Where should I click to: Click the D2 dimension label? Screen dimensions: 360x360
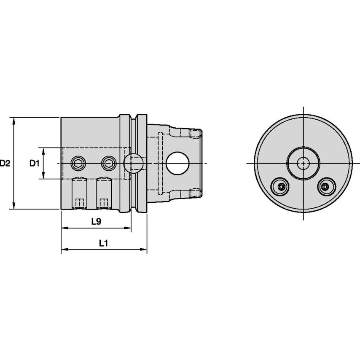click(5, 163)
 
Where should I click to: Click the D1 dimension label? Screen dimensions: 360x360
click(35, 163)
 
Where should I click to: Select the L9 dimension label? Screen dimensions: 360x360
click(96, 221)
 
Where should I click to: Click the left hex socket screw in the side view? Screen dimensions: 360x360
click(78, 163)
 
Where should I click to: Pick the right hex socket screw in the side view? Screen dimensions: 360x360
click(109, 163)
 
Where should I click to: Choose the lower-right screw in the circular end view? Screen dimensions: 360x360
click(327, 186)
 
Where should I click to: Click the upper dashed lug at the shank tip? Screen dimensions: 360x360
click(194, 134)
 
